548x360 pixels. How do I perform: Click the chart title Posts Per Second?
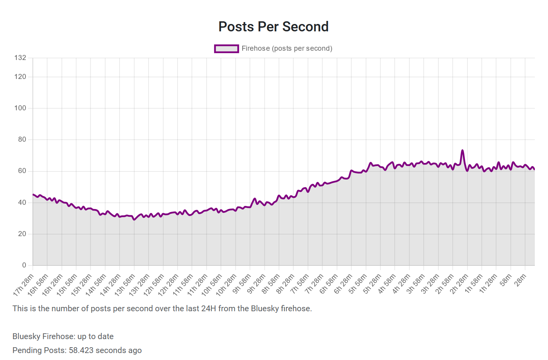[x=273, y=27]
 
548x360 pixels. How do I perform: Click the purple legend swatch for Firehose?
[x=226, y=48]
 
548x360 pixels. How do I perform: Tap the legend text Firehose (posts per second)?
[x=287, y=48]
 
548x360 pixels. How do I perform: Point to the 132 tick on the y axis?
[x=20, y=58]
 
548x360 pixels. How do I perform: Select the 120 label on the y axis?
[x=20, y=77]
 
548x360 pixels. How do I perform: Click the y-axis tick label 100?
[x=20, y=108]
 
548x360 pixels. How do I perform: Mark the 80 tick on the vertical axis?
[x=22, y=139]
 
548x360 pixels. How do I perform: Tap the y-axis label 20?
[x=22, y=234]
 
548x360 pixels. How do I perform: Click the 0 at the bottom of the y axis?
[x=24, y=265]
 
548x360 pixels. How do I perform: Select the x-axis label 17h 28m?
[x=24, y=285]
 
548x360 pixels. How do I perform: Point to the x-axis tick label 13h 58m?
[x=125, y=285]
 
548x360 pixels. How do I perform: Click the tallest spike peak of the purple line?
[x=462, y=150]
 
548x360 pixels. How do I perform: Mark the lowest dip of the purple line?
[x=134, y=219]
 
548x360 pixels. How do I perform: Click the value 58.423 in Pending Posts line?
[x=81, y=350]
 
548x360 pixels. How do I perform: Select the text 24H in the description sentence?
[x=209, y=309]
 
